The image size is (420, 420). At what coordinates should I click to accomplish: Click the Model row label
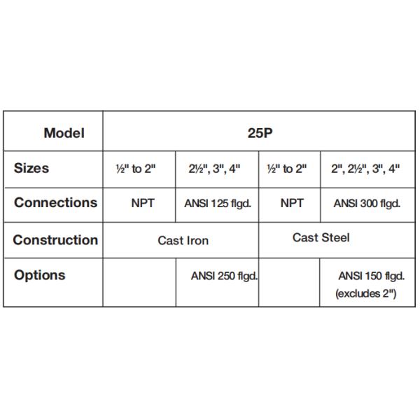pyautogui.click(x=64, y=133)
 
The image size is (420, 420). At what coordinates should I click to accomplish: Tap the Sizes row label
pyautogui.click(x=31, y=168)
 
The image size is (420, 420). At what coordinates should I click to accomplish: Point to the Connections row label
pyautogui.click(x=56, y=202)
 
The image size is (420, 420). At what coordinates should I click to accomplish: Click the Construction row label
pyautogui.click(x=55, y=240)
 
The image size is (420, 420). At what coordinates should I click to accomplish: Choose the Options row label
pyautogui.click(x=40, y=275)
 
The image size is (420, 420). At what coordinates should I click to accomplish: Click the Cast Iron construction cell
pyautogui.click(x=183, y=241)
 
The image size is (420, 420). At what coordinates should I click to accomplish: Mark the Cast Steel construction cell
pyautogui.click(x=321, y=237)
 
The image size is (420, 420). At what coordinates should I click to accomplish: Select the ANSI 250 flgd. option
pyautogui.click(x=224, y=276)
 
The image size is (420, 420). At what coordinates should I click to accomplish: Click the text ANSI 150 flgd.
pyautogui.click(x=371, y=276)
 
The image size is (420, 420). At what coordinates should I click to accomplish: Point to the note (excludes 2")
pyautogui.click(x=365, y=293)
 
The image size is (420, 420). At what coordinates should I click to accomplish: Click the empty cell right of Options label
pyautogui.click(x=139, y=283)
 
